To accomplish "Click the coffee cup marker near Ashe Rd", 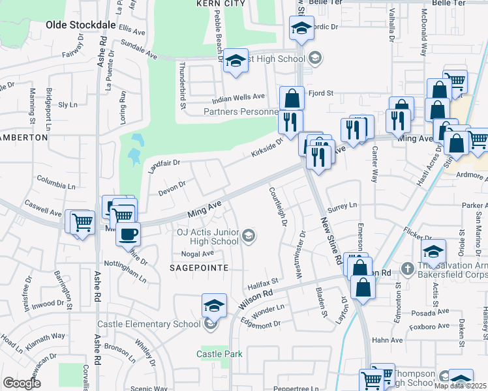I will tap(128, 233).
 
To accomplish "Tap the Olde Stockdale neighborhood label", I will tap(80, 25).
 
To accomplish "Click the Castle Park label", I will tap(220, 354).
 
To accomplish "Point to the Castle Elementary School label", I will tap(149, 324).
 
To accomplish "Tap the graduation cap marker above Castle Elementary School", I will tap(214, 305).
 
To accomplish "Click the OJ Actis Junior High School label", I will tap(207, 236).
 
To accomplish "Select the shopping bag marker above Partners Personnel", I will tap(292, 98).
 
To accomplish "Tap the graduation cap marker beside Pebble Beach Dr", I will tap(236, 61).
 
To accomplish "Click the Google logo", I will tap(22, 383).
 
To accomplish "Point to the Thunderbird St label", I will tap(184, 85).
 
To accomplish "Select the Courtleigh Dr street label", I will tap(278, 207).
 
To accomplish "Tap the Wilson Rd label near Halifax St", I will tap(254, 299).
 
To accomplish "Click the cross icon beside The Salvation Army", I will tap(406, 268).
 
